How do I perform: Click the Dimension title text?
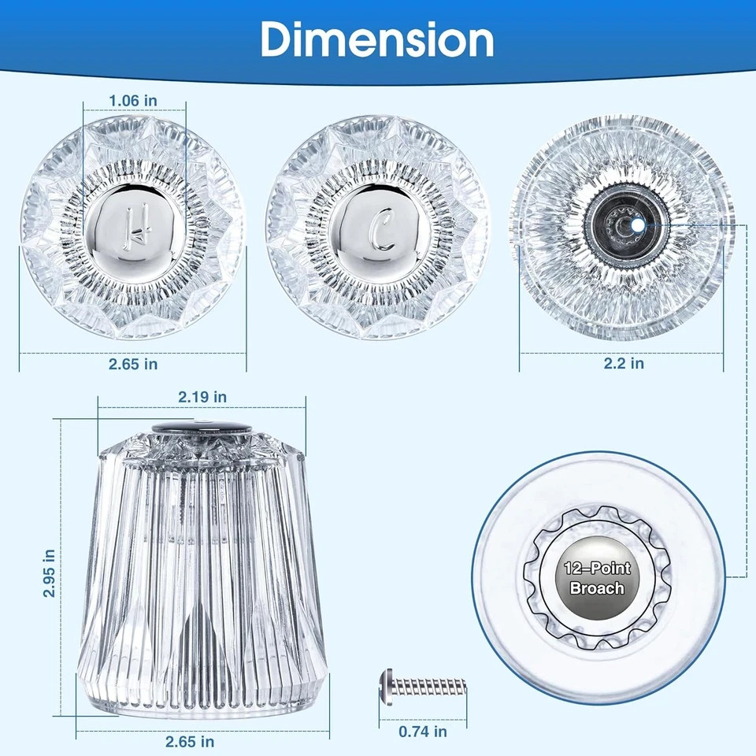point(377,39)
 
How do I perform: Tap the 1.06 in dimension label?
point(133,101)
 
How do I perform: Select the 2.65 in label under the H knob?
point(133,364)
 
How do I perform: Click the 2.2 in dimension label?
point(624,363)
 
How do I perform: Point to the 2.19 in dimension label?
point(202,397)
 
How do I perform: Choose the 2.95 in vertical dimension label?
point(49,573)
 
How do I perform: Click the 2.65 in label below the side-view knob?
point(190,742)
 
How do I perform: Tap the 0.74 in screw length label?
point(423,732)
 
